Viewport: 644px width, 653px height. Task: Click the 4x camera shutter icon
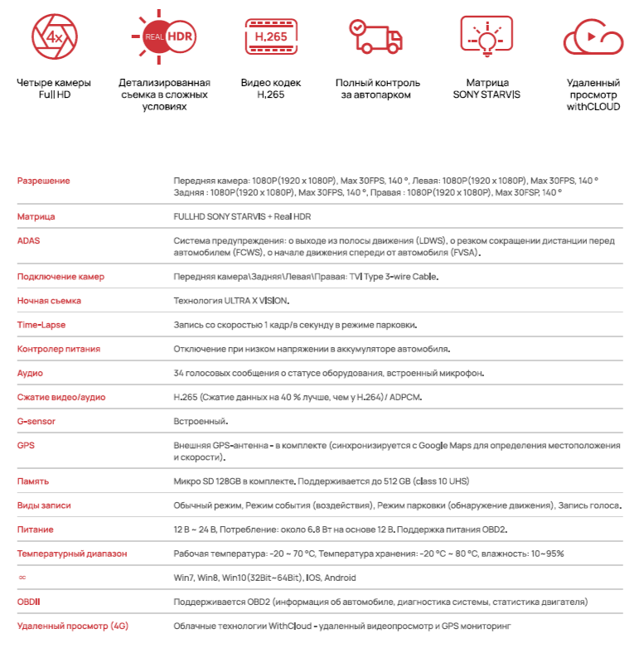54,37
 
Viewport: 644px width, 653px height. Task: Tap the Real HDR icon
163,37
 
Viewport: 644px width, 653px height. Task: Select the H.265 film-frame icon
270,37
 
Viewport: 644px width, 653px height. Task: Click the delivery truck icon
376,37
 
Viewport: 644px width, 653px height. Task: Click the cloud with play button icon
593,37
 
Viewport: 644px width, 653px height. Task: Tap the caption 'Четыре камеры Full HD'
54,89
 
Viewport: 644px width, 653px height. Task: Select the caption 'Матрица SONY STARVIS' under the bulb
487,89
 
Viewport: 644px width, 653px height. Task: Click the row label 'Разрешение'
44,181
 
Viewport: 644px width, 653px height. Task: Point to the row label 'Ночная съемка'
49,301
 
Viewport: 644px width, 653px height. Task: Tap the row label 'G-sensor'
36,421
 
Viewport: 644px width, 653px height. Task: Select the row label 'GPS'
26,445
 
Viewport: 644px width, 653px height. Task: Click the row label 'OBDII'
30,602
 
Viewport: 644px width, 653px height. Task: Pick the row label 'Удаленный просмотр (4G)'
72,626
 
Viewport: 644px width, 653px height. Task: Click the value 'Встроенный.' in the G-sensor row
200,421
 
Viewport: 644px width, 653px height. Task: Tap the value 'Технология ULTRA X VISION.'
231,301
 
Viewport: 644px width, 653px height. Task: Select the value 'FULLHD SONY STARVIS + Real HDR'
242,216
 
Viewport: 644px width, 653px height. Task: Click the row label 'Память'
33,481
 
